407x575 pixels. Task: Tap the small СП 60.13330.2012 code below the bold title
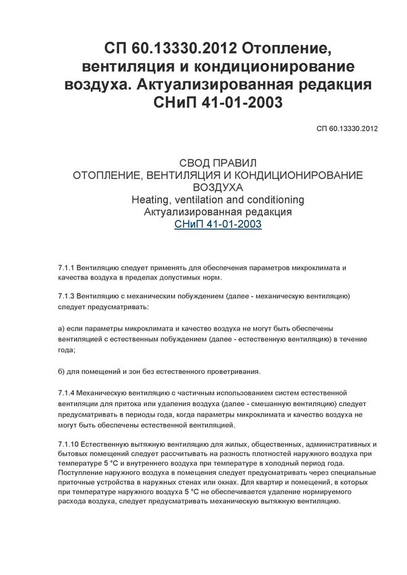(x=346, y=129)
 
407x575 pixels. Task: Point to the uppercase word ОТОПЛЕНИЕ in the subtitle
(x=106, y=175)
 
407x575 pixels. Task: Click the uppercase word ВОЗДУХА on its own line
(x=218, y=188)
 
